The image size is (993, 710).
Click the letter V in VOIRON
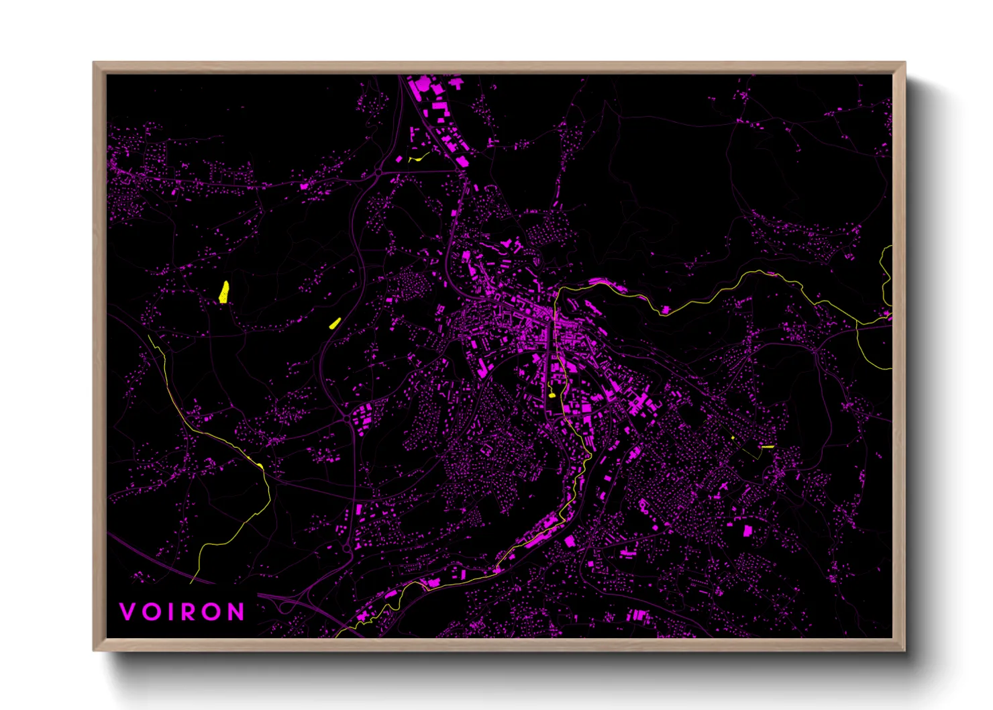point(127,611)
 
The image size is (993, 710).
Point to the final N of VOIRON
point(236,611)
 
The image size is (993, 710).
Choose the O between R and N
point(213,611)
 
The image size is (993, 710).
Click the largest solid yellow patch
point(224,292)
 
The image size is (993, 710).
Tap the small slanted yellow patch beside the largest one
point(335,323)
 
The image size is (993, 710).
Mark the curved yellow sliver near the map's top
point(419,158)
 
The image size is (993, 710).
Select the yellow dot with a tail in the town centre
point(552,395)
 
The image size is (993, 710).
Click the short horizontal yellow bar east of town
point(768,446)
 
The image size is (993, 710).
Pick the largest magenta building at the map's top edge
point(423,86)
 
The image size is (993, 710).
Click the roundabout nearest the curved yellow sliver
point(378,172)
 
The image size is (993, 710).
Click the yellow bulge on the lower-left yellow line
point(260,465)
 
